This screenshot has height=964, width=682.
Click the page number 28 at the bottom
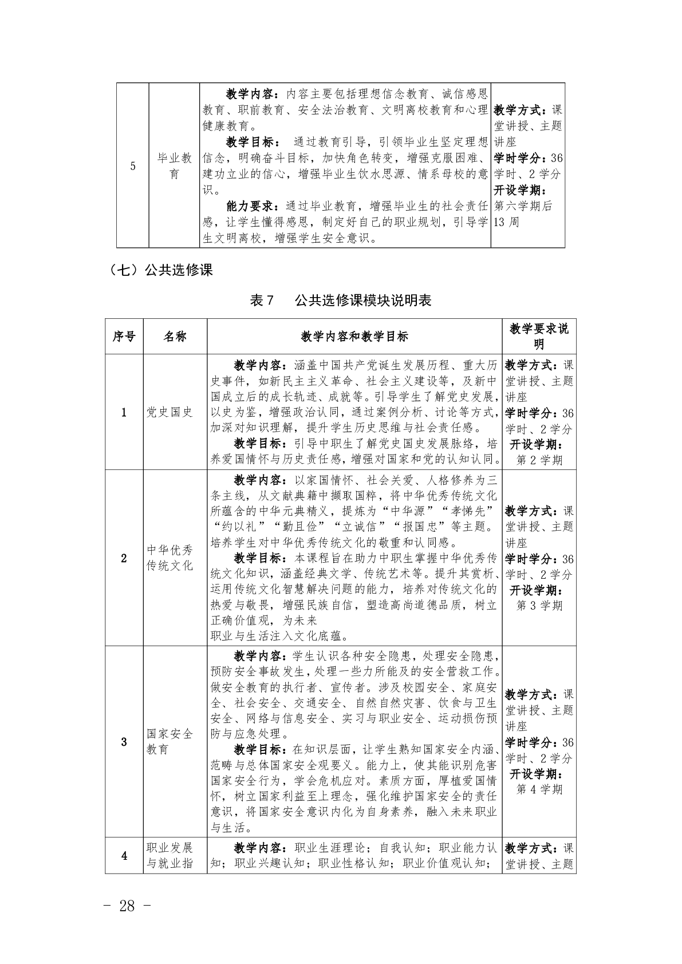click(127, 906)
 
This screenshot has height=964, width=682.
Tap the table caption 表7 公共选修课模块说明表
click(341, 300)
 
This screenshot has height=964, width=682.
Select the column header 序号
click(124, 337)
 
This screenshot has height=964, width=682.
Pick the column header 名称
click(175, 337)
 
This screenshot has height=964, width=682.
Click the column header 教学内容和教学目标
click(354, 337)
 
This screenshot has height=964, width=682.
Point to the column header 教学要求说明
click(539, 337)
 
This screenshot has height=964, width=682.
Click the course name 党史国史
click(169, 412)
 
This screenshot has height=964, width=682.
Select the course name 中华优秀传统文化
click(169, 558)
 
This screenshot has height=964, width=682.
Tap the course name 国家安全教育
click(169, 741)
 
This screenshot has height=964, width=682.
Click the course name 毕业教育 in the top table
click(174, 166)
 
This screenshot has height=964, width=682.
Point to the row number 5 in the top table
click(133, 167)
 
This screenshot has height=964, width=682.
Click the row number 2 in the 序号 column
click(124, 558)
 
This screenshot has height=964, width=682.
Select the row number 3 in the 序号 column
click(124, 742)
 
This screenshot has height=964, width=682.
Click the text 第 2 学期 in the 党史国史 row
click(539, 460)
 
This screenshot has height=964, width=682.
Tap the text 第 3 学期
click(539, 606)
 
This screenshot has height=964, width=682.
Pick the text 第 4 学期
click(539, 789)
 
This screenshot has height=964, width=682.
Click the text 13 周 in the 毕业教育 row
click(506, 222)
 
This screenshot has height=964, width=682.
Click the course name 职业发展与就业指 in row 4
click(169, 855)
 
